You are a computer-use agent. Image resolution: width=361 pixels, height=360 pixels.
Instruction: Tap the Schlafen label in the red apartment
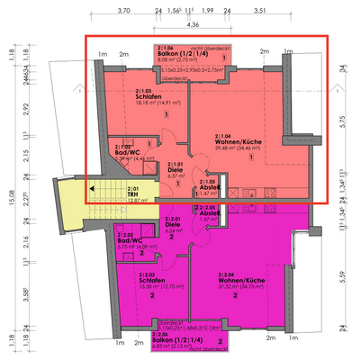pyautogui.click(x=149, y=96)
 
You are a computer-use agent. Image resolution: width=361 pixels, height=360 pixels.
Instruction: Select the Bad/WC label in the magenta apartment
pyautogui.click(x=128, y=240)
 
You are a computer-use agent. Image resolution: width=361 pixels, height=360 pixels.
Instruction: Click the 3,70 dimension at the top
pyautogui.click(x=123, y=10)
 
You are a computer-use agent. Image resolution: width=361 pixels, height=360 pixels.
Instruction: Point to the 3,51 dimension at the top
pyautogui.click(x=259, y=10)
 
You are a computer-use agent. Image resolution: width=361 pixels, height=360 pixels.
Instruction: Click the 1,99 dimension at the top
pyautogui.click(x=207, y=10)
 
